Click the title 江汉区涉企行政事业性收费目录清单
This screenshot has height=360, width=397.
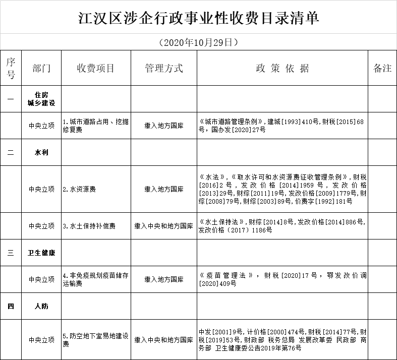[x=199, y=18]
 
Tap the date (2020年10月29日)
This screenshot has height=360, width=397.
[x=198, y=42]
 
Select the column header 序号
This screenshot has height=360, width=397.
[x=11, y=68]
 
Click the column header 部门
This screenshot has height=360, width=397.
[x=41, y=68]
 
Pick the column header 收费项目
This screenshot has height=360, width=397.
[x=96, y=68]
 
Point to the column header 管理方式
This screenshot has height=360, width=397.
[x=163, y=68]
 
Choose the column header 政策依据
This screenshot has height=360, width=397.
[x=282, y=68]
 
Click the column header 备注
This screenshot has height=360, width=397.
[x=382, y=68]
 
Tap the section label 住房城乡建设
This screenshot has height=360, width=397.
[x=41, y=99]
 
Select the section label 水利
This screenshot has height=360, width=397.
[x=41, y=152]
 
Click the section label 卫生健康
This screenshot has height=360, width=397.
[x=41, y=253]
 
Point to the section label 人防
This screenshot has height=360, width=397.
[x=41, y=306]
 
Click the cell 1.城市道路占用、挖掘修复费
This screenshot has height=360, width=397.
[x=95, y=126]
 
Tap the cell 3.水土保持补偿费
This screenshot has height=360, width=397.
[x=89, y=226]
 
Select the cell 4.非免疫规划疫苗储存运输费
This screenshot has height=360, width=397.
[x=95, y=279]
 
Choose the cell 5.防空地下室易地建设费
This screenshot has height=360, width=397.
[x=95, y=340]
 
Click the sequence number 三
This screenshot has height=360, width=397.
[x=11, y=253]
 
